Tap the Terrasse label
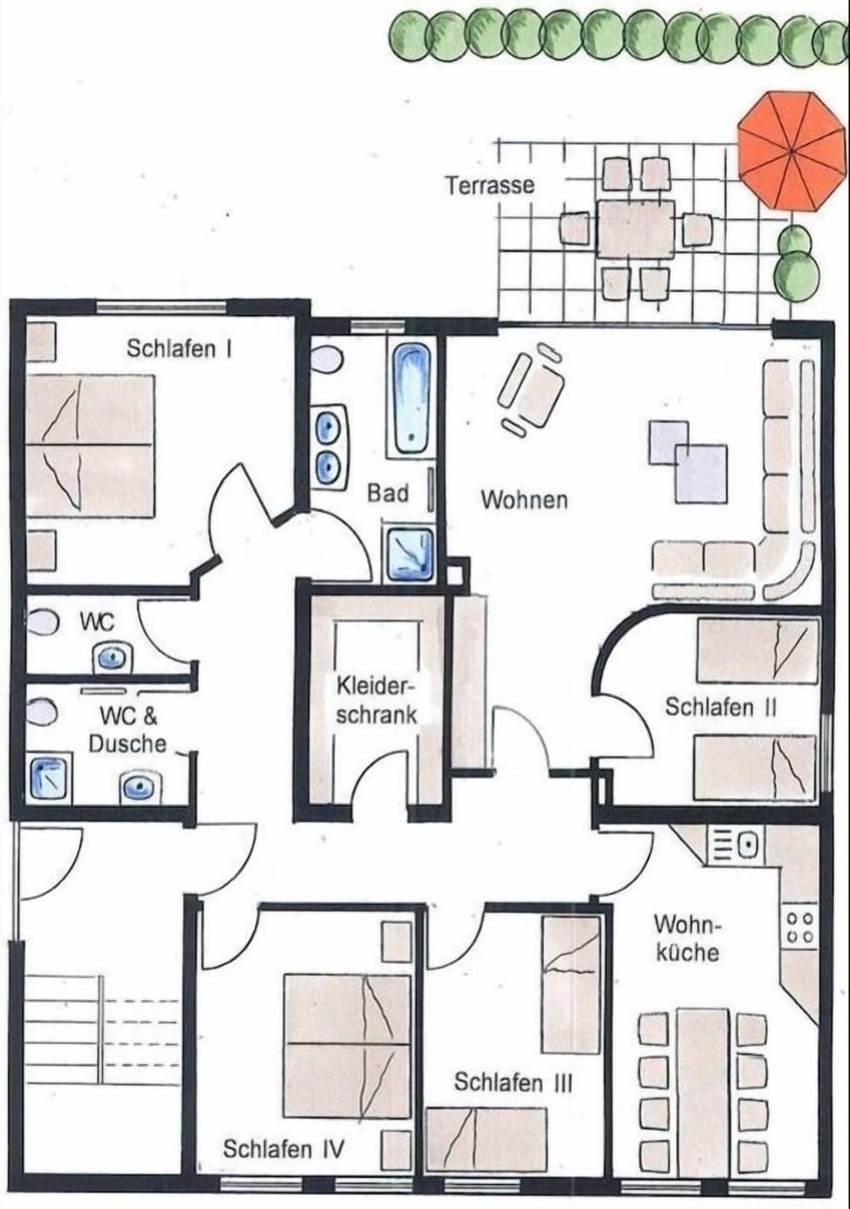pyautogui.click(x=490, y=185)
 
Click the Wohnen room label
pyautogui.click(x=524, y=500)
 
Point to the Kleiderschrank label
pyautogui.click(x=376, y=701)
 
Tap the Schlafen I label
pyautogui.click(x=179, y=349)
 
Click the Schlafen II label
pyautogui.click(x=721, y=707)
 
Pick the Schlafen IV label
pyautogui.click(x=282, y=1149)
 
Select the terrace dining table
pyautogui.click(x=636, y=228)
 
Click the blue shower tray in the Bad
pyautogui.click(x=410, y=554)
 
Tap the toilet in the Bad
pyautogui.click(x=326, y=359)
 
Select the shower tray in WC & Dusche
pyautogui.click(x=49, y=779)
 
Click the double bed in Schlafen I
pyautogui.click(x=89, y=446)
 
